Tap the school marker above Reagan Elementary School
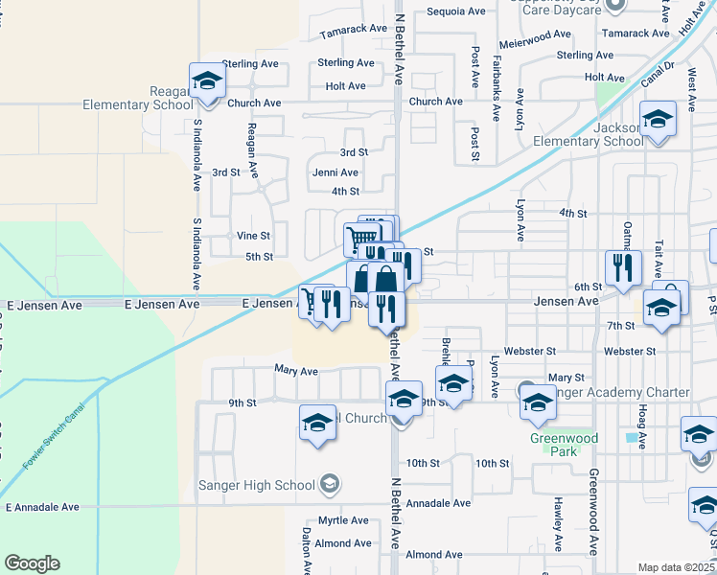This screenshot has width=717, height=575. tap(206, 82)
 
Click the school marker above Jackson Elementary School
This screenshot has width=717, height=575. tap(659, 119)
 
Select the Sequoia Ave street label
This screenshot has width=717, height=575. tap(456, 11)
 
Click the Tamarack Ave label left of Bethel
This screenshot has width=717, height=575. tap(353, 30)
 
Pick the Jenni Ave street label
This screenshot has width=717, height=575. tap(335, 172)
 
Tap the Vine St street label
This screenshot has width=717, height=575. tap(253, 235)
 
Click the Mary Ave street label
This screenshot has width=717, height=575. tap(295, 371)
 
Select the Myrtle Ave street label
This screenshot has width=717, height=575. tap(343, 520)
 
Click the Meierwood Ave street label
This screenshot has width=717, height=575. tap(536, 35)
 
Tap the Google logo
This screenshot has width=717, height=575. tap(32, 563)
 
